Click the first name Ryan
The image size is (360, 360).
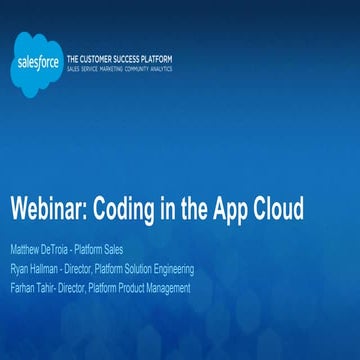tap(19, 268)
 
